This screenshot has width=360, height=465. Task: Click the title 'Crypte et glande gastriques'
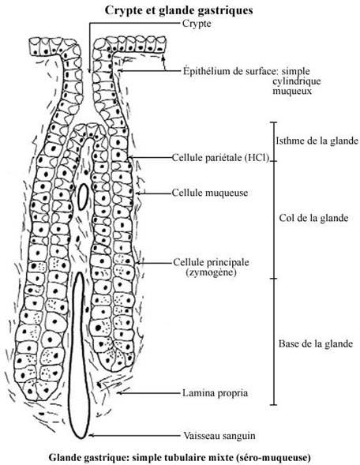(178, 10)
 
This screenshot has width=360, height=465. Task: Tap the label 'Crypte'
(197, 23)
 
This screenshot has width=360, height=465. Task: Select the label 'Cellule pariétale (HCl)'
(220, 157)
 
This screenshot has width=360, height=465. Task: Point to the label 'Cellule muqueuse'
(210, 193)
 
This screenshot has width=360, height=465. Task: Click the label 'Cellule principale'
(211, 262)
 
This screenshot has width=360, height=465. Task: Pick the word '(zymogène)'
(211, 272)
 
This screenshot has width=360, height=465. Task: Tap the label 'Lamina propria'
(215, 393)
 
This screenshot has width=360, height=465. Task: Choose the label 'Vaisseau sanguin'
(219, 436)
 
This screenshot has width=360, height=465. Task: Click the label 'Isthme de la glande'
(317, 141)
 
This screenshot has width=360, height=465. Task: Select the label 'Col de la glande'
(313, 218)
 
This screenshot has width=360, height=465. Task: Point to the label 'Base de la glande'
(316, 344)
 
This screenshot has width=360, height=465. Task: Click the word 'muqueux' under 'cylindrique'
(292, 91)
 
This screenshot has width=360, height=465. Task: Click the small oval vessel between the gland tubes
(83, 197)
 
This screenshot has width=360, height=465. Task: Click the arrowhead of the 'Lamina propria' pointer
(119, 393)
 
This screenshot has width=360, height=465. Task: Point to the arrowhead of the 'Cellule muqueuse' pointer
(138, 193)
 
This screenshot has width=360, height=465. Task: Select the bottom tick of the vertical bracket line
(274, 405)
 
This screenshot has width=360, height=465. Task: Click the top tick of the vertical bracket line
(273, 122)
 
